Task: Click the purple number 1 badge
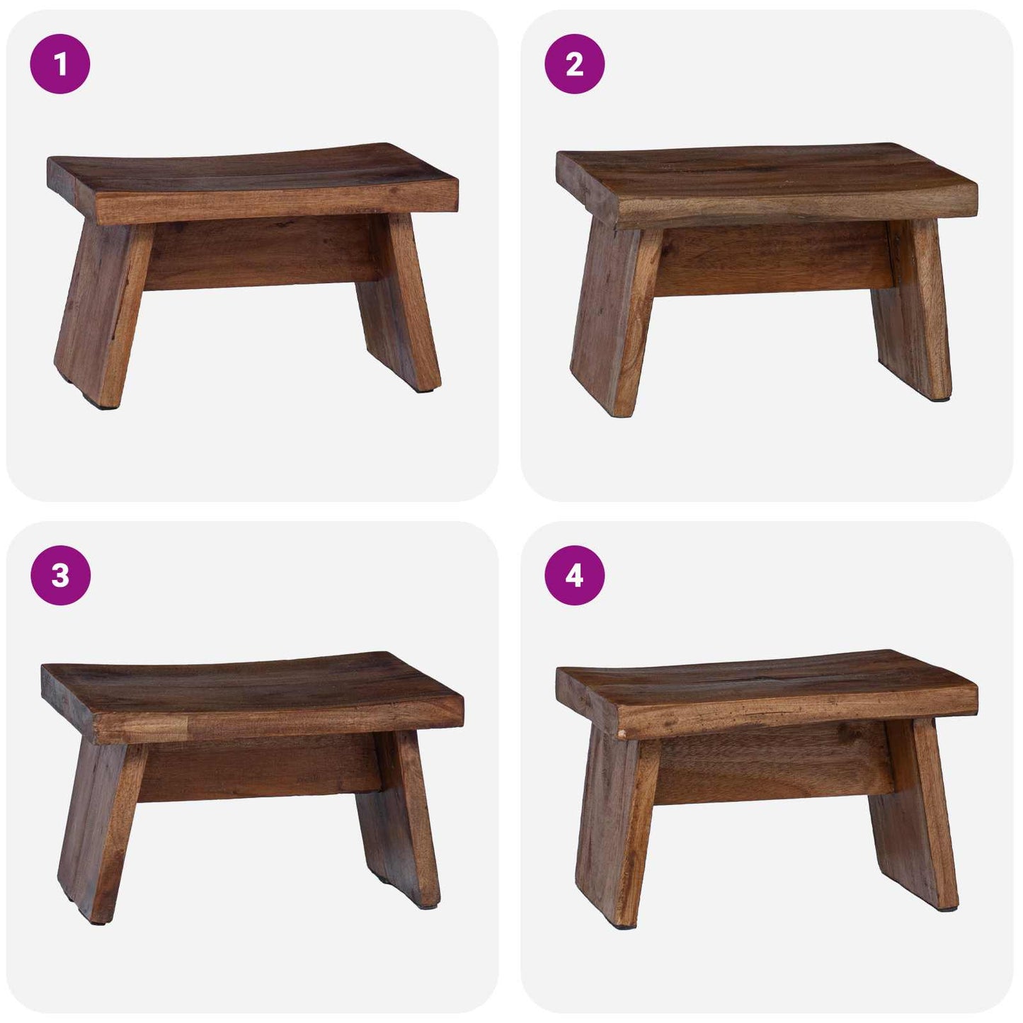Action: click(60, 64)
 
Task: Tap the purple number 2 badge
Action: click(574, 64)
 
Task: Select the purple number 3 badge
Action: click(60, 576)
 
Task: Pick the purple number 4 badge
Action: click(574, 576)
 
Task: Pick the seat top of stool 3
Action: click(248, 680)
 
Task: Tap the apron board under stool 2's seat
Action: click(772, 262)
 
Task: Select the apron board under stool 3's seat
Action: click(258, 768)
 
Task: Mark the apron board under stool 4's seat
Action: click(772, 772)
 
